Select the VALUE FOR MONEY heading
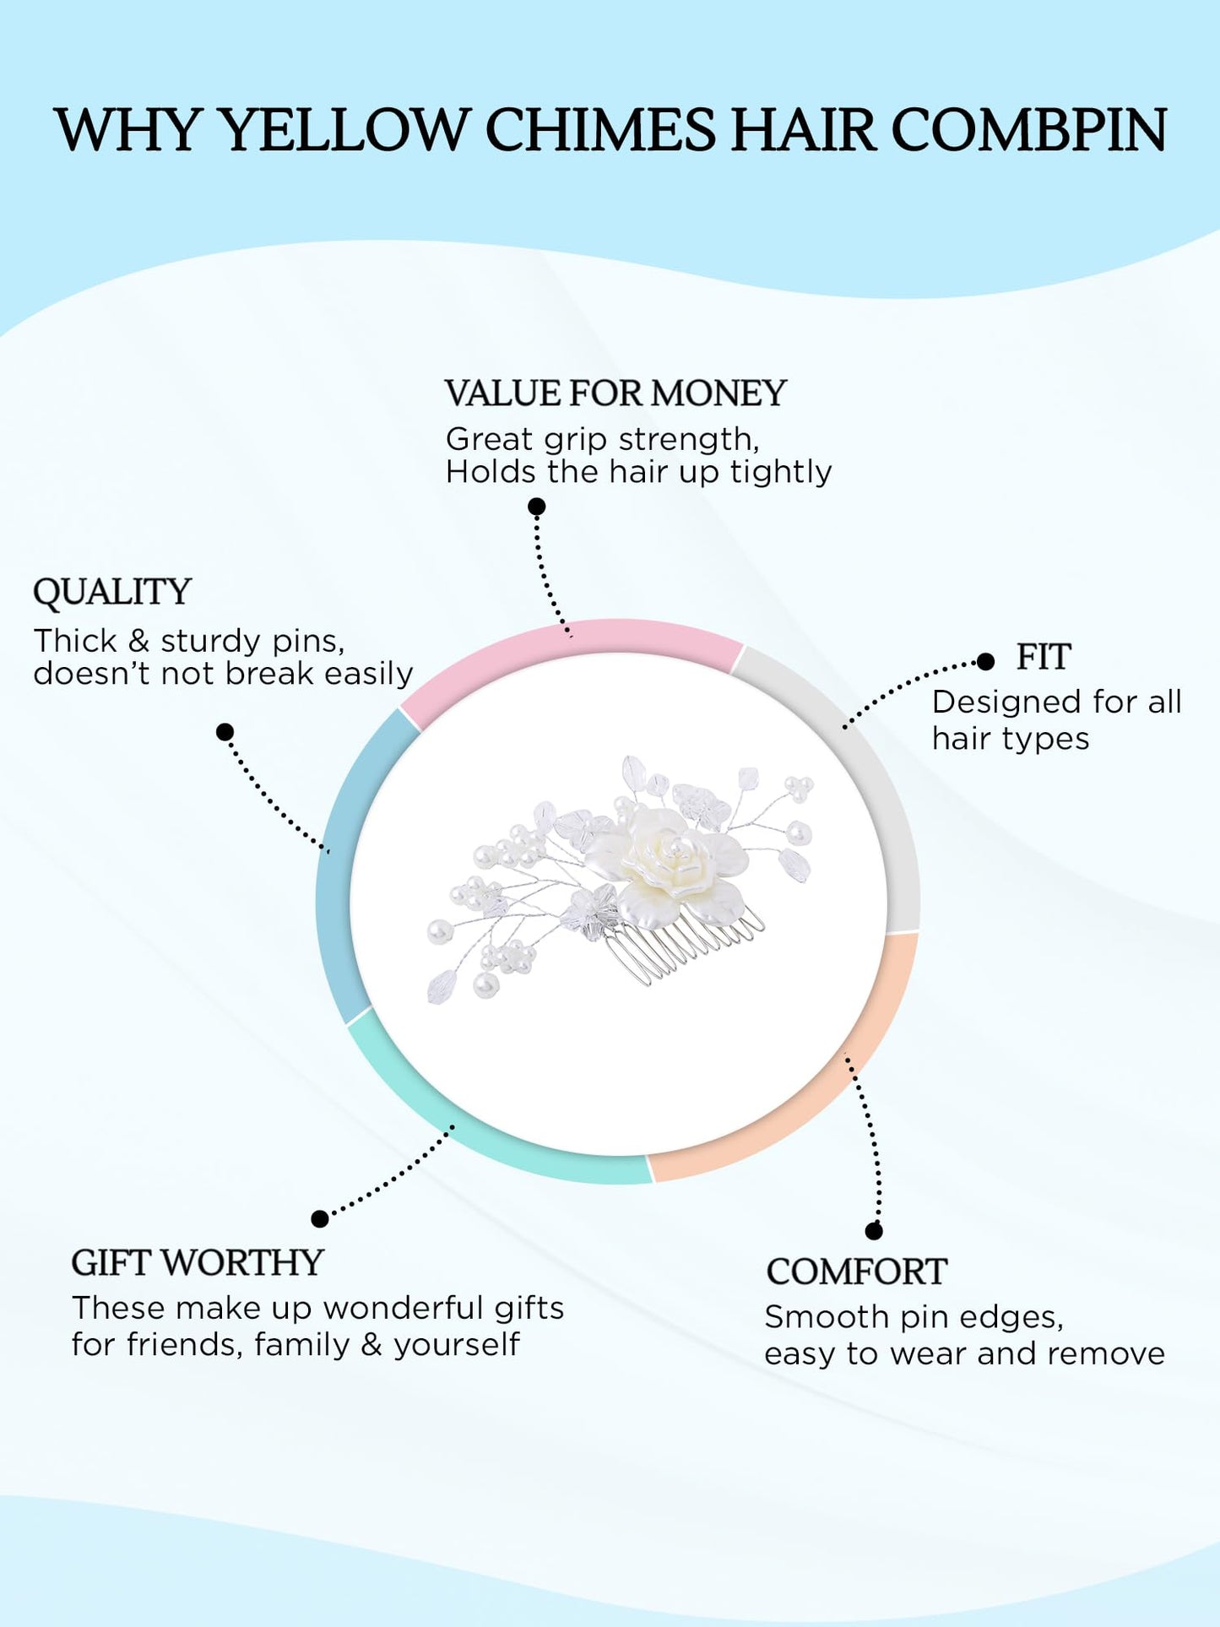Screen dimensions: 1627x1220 click(615, 393)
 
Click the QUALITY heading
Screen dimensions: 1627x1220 click(112, 592)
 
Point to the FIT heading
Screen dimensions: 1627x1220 click(1044, 657)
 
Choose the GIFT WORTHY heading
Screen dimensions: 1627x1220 click(198, 1263)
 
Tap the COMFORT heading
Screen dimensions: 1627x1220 click(856, 1272)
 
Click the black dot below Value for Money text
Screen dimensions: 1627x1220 click(537, 507)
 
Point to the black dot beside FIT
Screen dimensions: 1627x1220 click(985, 662)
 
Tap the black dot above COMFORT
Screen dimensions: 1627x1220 click(874, 1231)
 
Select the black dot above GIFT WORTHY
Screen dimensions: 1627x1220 click(319, 1218)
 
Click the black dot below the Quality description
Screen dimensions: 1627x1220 click(225, 732)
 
